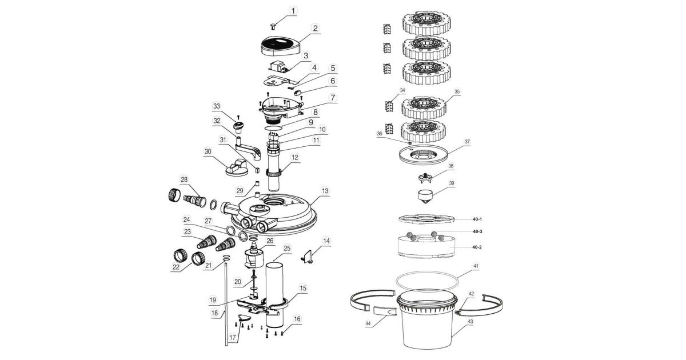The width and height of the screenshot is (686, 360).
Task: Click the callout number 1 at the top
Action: (x=294, y=10)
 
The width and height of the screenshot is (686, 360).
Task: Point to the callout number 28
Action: (x=184, y=180)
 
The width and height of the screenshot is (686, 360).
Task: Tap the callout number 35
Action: (x=457, y=91)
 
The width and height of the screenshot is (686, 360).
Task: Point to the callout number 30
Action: (x=207, y=151)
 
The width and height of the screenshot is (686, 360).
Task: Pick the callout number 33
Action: (x=216, y=106)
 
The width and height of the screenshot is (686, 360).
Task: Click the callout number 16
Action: (x=297, y=319)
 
